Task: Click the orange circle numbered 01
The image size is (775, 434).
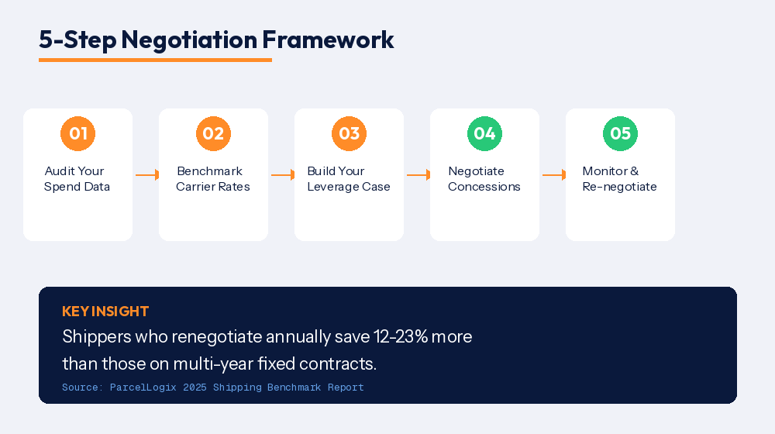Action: pyautogui.click(x=77, y=133)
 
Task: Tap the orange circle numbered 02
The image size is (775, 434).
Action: pyautogui.click(x=213, y=133)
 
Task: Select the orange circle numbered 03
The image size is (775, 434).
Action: pyautogui.click(x=349, y=133)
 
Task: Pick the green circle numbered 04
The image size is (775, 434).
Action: pyautogui.click(x=484, y=133)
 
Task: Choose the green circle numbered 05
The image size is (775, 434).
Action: pyautogui.click(x=620, y=133)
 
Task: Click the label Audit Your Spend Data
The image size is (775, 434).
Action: pyautogui.click(x=77, y=179)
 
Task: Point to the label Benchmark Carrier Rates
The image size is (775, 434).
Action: pyautogui.click(x=212, y=179)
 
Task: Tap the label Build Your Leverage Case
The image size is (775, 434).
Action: pyautogui.click(x=349, y=179)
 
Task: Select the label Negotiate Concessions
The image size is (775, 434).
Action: pyautogui.click(x=484, y=179)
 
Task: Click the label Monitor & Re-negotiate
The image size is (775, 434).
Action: pyautogui.click(x=620, y=179)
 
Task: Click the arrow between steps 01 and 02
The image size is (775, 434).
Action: pyautogui.click(x=146, y=175)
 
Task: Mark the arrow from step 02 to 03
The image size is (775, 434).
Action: pyautogui.click(x=282, y=175)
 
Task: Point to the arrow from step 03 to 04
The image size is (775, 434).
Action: pyautogui.click(x=418, y=175)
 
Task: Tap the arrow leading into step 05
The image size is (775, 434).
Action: pyautogui.click(x=553, y=175)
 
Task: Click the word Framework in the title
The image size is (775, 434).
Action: pyautogui.click(x=328, y=40)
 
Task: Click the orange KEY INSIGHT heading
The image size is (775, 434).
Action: pyautogui.click(x=105, y=312)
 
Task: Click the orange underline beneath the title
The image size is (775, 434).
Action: pyautogui.click(x=155, y=60)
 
